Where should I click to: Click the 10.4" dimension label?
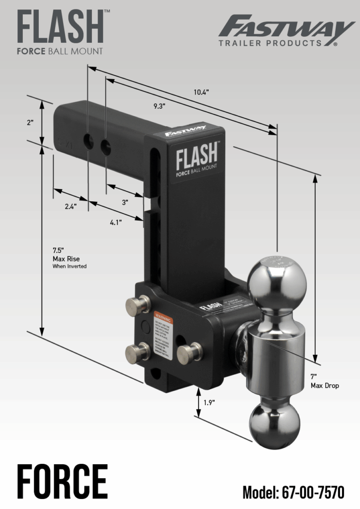pyautogui.click(x=201, y=92)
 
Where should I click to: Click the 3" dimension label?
pyautogui.click(x=125, y=202)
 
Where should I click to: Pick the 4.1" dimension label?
pyautogui.click(x=116, y=223)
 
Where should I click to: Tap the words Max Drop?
pyautogui.click(x=325, y=385)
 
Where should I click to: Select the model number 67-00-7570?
pyautogui.click(x=293, y=492)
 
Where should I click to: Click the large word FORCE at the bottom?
pyautogui.click(x=63, y=481)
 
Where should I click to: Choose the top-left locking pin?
pyautogui.click(x=138, y=304)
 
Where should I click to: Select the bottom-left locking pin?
pyautogui.click(x=137, y=353)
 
